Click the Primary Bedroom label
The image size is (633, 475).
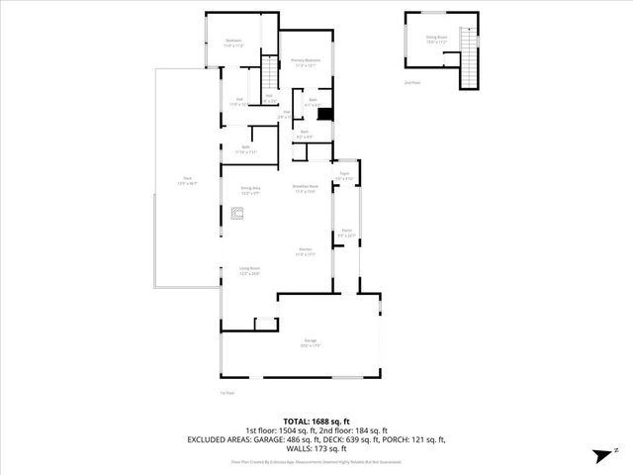point(305,61)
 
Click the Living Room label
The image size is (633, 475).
point(248,269)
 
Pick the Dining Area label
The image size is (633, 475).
point(250,188)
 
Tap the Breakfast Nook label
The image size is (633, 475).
point(305,188)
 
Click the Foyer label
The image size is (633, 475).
point(344,175)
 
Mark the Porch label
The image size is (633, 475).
point(347,234)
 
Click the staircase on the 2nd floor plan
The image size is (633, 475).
point(471,67)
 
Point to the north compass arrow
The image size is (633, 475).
point(598,455)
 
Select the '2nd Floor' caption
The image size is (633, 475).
point(410,83)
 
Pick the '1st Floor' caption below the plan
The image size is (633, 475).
point(226,392)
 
